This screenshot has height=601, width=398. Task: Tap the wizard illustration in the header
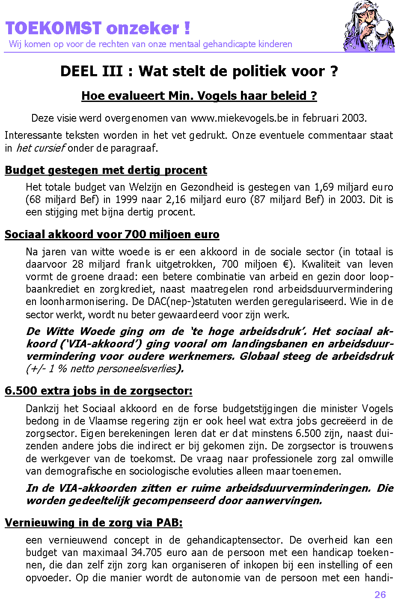[x=369, y=27]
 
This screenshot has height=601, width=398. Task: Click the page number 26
[x=380, y=594]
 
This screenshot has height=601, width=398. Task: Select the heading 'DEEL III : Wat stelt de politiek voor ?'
[x=199, y=71]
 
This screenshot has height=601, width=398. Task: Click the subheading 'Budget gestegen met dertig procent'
[x=106, y=170]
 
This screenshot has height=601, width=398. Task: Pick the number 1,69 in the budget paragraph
[x=324, y=187]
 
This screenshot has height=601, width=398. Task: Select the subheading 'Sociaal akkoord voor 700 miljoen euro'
[x=112, y=234]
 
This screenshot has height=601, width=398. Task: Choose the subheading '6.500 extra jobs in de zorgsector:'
[x=98, y=391]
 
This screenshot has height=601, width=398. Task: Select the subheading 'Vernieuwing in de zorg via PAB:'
[x=94, y=523]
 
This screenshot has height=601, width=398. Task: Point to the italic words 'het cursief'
[x=40, y=148]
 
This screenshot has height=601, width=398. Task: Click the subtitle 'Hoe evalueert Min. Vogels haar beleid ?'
[x=199, y=96]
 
